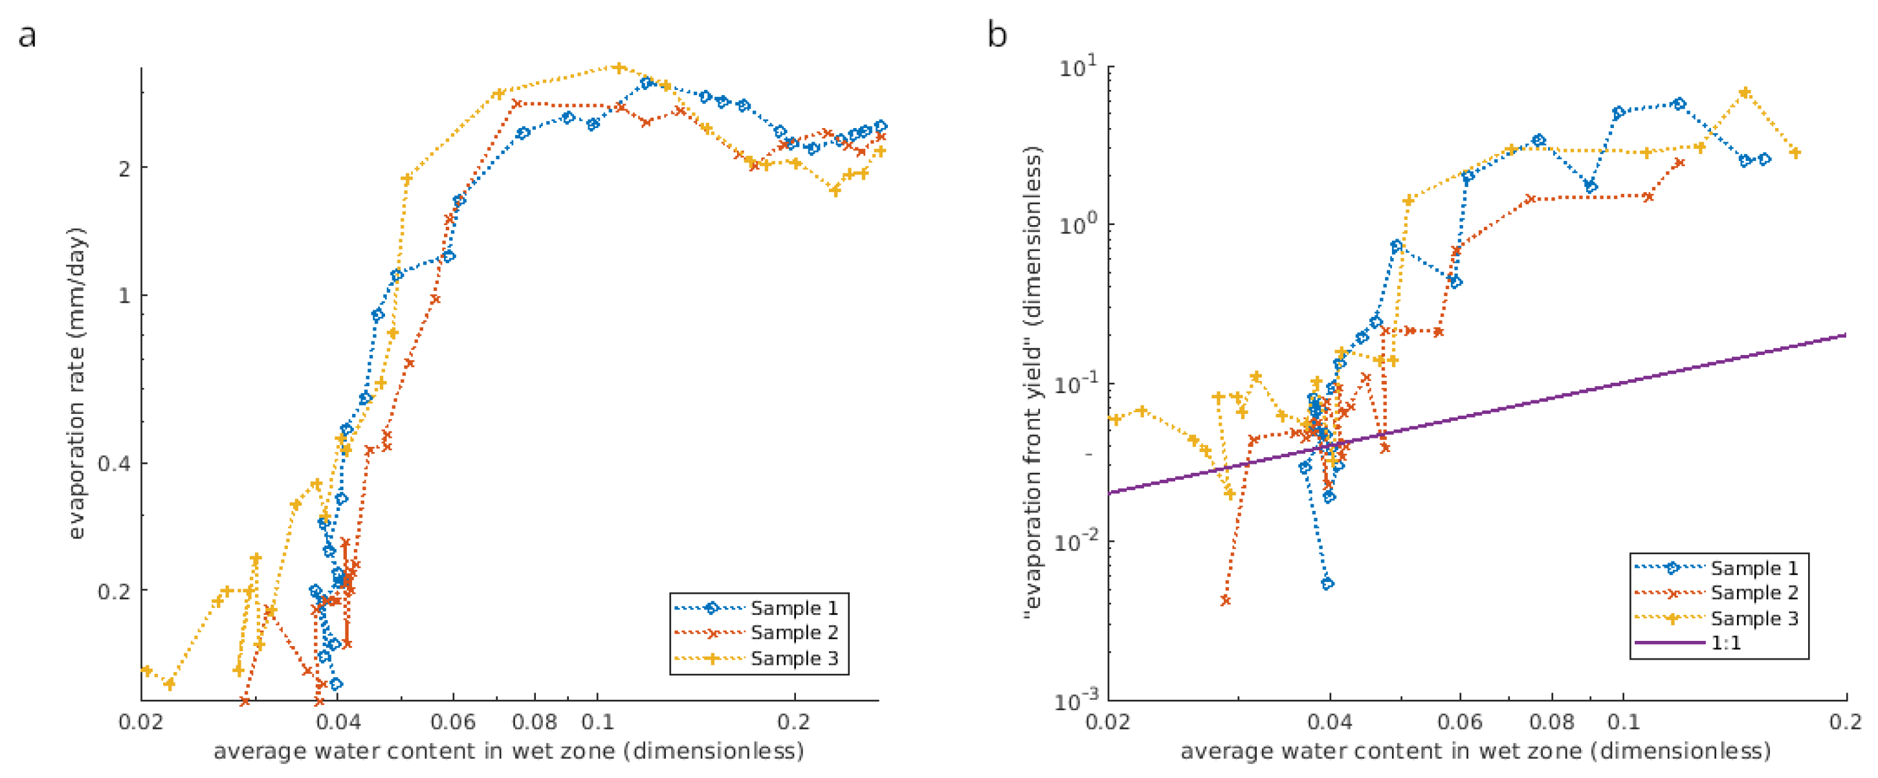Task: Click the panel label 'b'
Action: [997, 34]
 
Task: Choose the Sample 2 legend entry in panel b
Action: [1717, 593]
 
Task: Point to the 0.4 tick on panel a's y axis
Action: [115, 463]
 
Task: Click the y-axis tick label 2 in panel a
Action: [125, 168]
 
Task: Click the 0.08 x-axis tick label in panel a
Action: [535, 722]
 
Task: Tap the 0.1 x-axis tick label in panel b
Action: [1624, 722]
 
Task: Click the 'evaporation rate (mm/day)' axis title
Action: [76, 384]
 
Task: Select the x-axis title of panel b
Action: [1475, 751]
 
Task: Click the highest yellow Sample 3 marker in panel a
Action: [618, 68]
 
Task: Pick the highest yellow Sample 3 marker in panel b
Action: [1745, 92]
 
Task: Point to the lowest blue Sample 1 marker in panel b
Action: [1327, 583]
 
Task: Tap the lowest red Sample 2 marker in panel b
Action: [1226, 600]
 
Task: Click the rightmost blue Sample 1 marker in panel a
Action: [881, 126]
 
